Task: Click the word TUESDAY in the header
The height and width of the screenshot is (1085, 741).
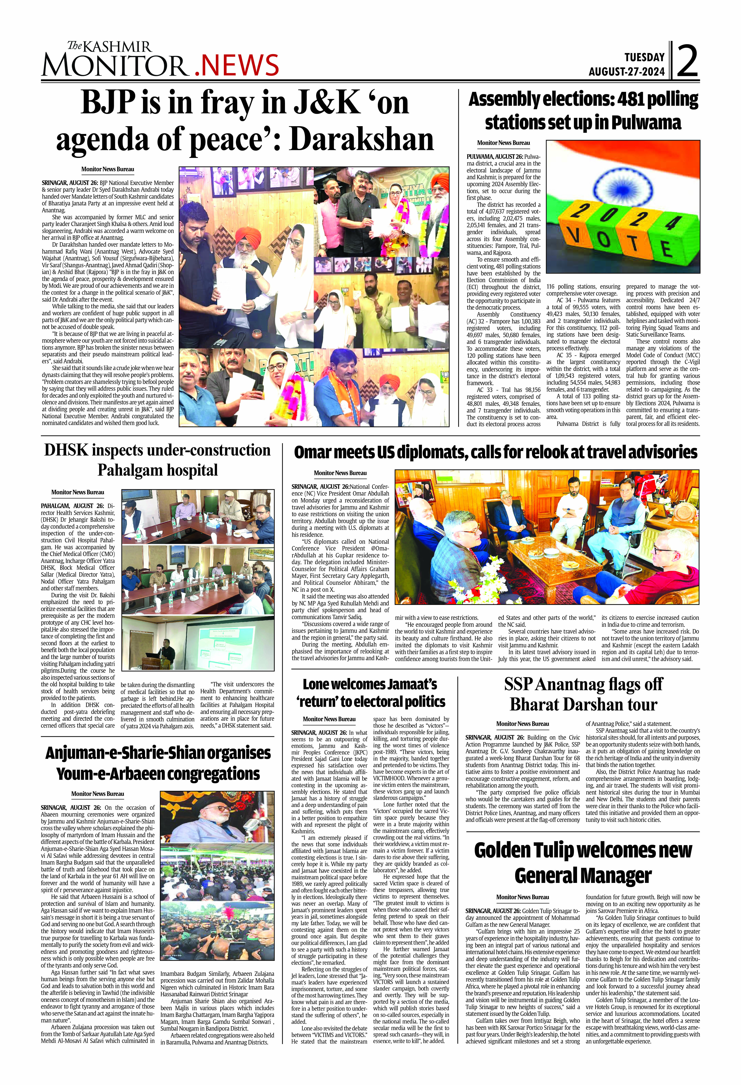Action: (644, 57)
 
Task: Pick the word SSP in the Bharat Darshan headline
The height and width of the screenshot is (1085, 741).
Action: (518, 684)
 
